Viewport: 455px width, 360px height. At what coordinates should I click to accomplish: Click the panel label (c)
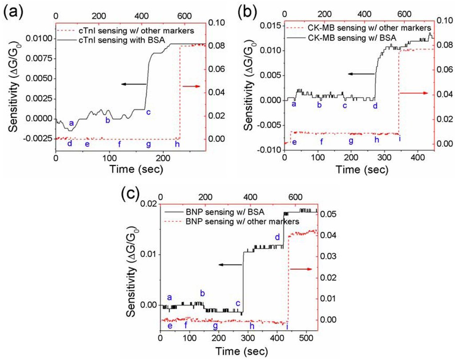[x=130, y=194]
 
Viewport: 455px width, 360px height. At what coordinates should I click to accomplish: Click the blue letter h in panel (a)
[x=177, y=144]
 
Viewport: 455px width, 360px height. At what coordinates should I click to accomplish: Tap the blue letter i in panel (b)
[x=399, y=139]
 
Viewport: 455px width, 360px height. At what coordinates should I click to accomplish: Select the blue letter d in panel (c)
[x=277, y=237]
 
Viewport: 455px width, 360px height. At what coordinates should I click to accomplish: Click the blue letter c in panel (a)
[x=148, y=112]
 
